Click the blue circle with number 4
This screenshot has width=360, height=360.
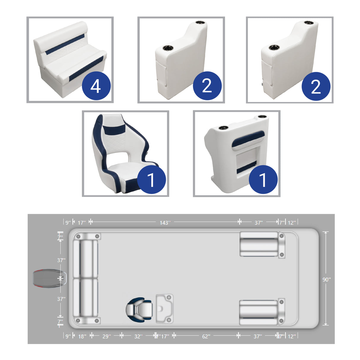[x=96, y=86]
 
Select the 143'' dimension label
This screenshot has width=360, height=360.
[x=165, y=222]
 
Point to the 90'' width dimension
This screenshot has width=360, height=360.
[x=326, y=279]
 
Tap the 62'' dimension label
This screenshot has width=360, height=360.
[x=206, y=336]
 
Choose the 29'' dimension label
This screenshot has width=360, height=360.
[x=106, y=336]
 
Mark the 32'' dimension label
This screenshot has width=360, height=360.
[x=138, y=336]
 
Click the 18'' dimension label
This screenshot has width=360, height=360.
[x=82, y=336]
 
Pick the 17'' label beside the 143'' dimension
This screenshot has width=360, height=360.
[x=82, y=222]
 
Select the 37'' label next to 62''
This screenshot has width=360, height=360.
[x=258, y=336]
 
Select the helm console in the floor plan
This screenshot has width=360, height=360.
[x=164, y=308]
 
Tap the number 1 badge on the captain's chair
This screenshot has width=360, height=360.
[x=151, y=179]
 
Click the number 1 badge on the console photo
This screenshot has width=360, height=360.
[x=263, y=179]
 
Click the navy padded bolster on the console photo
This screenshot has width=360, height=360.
[x=248, y=139]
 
